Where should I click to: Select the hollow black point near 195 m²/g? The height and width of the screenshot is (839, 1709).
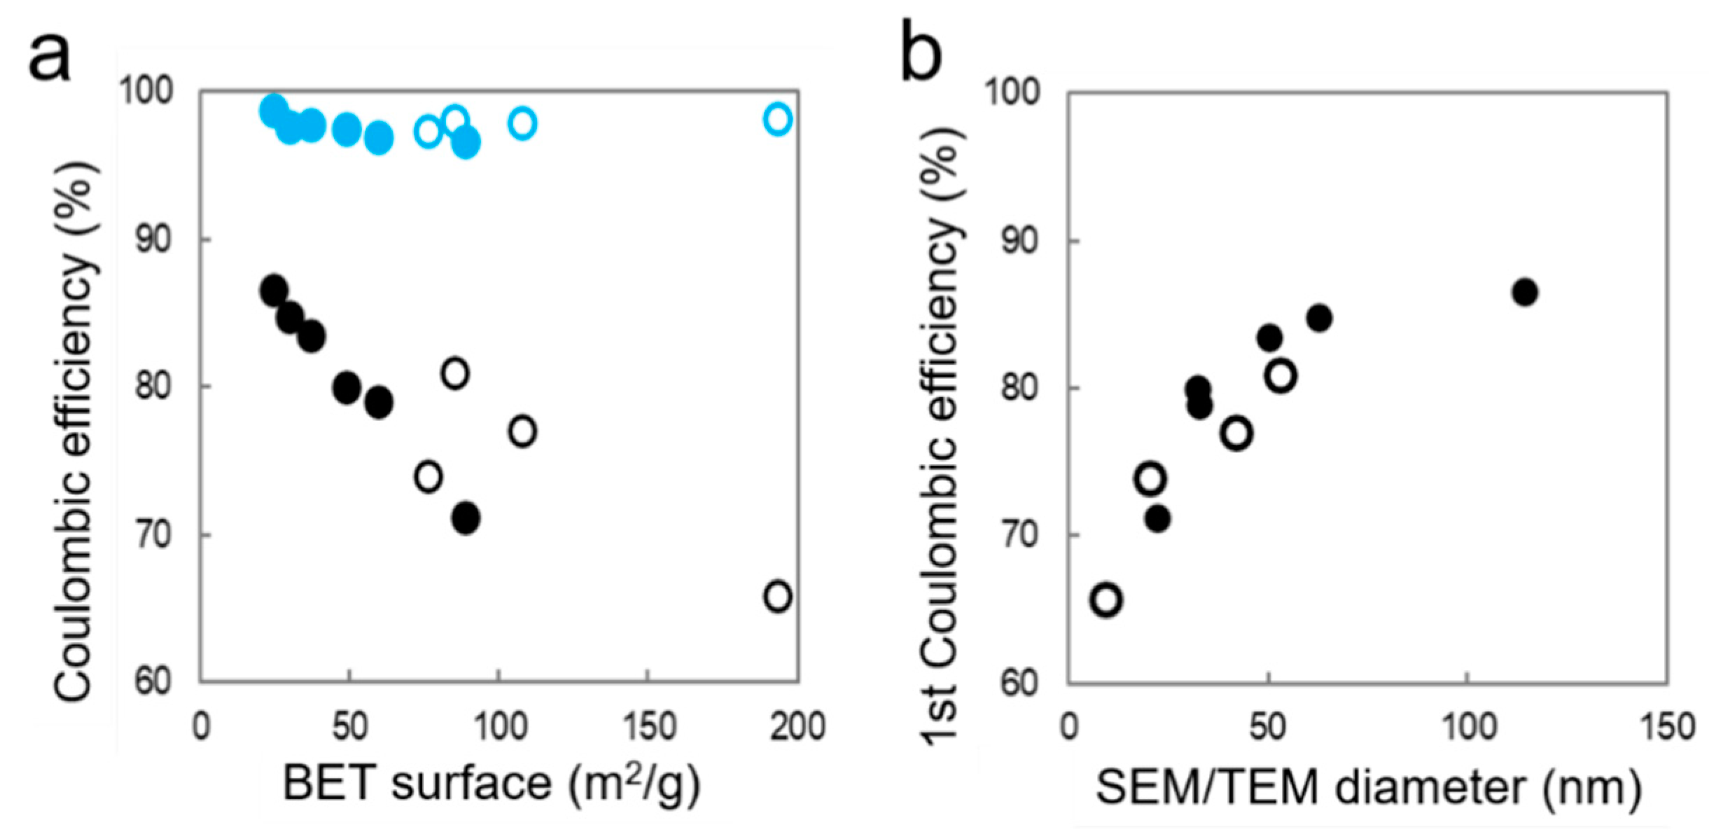(x=777, y=597)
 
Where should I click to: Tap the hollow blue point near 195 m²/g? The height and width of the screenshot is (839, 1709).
(x=777, y=119)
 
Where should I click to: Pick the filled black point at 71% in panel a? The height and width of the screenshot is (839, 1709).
(x=466, y=519)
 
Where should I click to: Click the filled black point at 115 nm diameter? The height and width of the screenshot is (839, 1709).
(x=1524, y=292)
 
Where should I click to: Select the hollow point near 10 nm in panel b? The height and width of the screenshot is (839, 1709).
(x=1106, y=600)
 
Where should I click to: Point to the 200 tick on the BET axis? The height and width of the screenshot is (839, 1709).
(x=797, y=726)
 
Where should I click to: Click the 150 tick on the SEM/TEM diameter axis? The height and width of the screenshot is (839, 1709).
(x=1668, y=726)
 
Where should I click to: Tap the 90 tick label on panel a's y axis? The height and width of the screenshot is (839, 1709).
(x=153, y=240)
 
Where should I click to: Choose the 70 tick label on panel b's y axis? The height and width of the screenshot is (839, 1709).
(x=1019, y=536)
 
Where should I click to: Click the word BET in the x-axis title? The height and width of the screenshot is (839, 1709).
(x=328, y=784)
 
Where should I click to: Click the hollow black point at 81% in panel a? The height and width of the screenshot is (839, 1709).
(x=455, y=373)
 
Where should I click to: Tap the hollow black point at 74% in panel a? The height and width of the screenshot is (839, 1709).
(x=428, y=477)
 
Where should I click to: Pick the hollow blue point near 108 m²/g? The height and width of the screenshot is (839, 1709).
(x=522, y=124)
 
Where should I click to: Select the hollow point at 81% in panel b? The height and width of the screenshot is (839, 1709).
(x=1281, y=376)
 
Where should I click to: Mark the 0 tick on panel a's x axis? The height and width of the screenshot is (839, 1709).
(x=201, y=726)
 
